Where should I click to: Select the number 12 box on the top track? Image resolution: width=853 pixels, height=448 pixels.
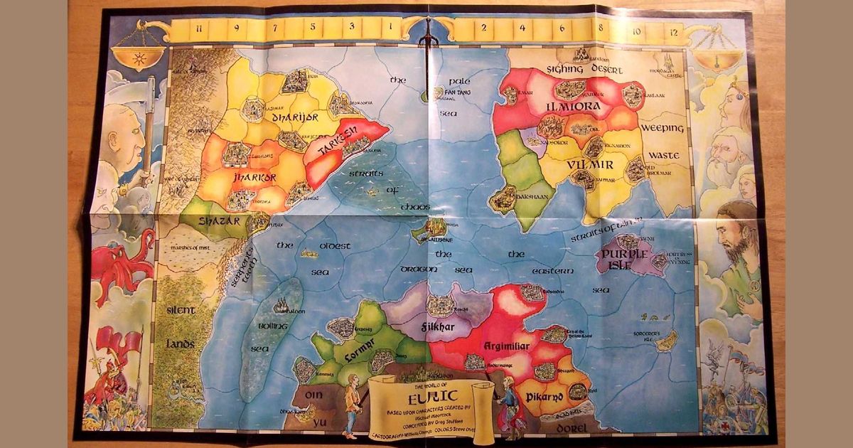pyautogui.click(x=672, y=31)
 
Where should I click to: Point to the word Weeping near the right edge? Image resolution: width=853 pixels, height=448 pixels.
pyautogui.click(x=662, y=128)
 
